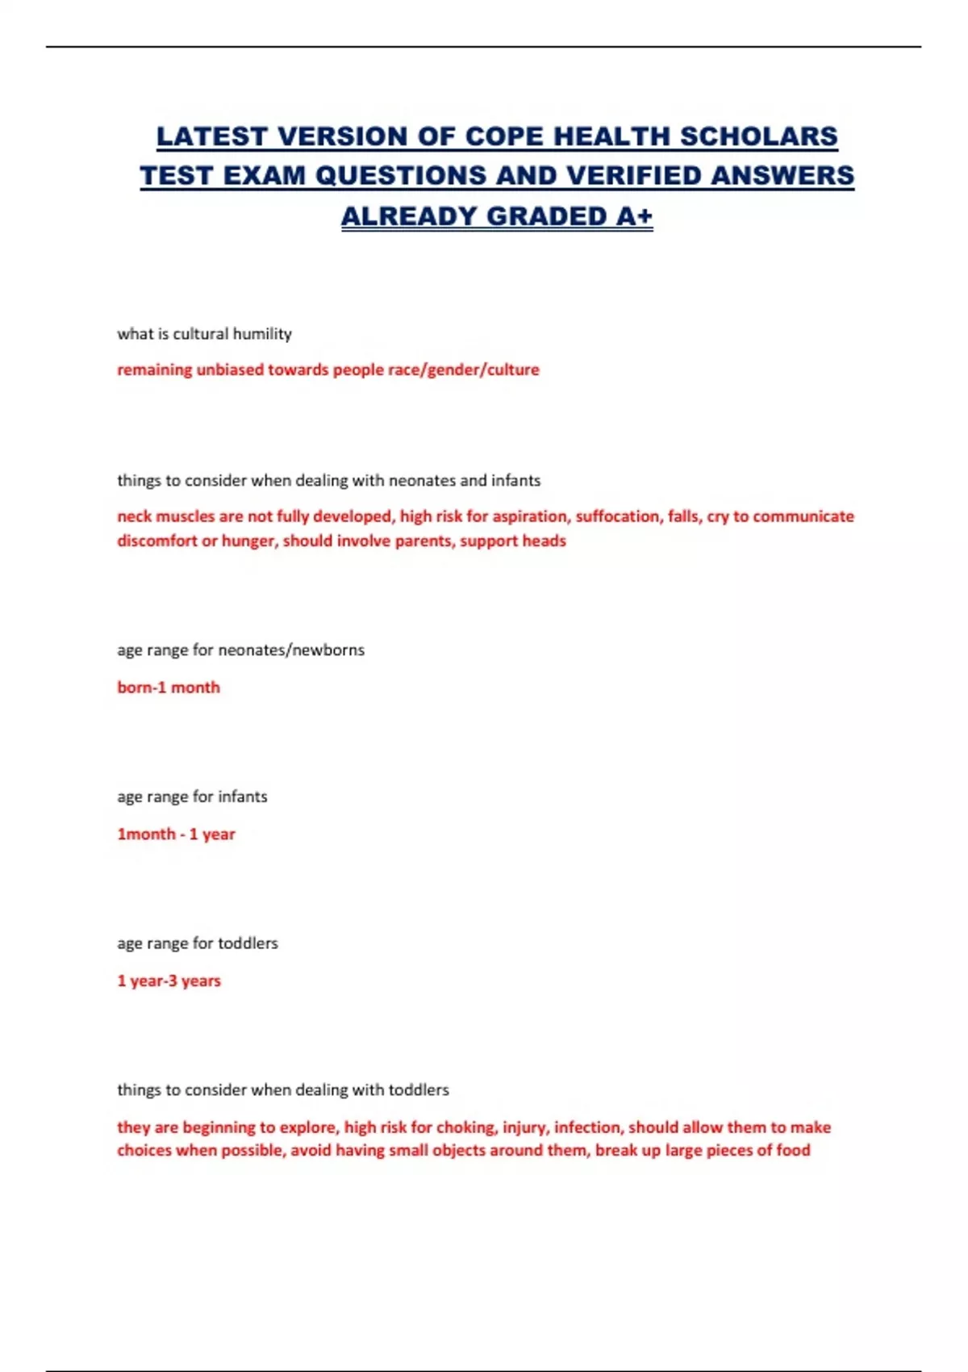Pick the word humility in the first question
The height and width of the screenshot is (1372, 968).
click(262, 334)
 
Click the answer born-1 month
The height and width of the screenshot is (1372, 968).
click(169, 688)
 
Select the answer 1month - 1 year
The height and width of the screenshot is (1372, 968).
click(176, 834)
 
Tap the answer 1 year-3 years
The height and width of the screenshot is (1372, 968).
click(169, 981)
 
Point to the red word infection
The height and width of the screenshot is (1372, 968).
click(587, 1127)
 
